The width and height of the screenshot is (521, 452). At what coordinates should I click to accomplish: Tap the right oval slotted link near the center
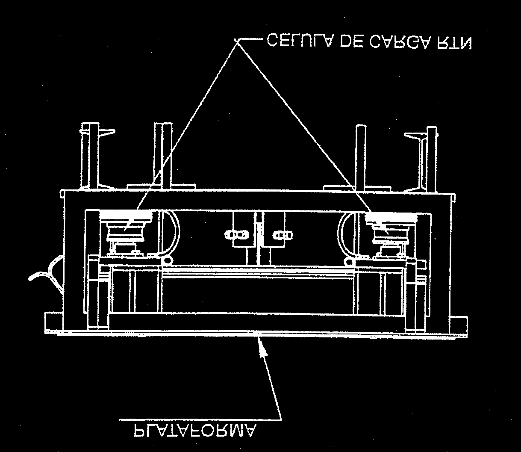click(x=283, y=236)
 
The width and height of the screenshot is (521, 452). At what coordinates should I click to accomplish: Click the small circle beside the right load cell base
click(x=349, y=262)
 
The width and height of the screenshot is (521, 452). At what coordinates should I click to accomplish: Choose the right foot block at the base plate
click(x=460, y=325)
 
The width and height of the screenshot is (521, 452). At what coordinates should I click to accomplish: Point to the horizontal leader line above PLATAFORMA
click(x=200, y=420)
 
